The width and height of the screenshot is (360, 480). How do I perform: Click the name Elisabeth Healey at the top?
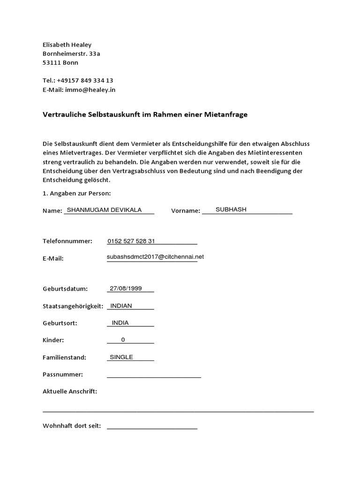coord(67,45)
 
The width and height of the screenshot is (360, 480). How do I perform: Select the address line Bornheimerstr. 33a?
coord(71,53)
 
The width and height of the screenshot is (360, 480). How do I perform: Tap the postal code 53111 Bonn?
coord(60,62)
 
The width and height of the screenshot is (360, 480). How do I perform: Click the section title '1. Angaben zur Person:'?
coord(76,193)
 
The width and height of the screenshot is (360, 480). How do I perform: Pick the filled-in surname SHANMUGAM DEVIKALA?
coord(104,210)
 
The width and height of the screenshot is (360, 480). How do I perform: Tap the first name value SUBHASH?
coord(231,210)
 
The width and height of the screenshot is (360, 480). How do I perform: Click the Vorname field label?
coord(186,211)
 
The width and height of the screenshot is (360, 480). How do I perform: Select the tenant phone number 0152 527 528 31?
coord(131,241)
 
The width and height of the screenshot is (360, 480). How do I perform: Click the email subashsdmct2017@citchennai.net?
coord(155,257)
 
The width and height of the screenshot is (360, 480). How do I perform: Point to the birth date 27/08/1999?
coord(125,288)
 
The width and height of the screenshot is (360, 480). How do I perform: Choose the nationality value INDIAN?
coord(121,306)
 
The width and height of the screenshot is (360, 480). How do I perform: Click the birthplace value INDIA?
coord(120,322)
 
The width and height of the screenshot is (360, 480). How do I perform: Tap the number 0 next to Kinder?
coord(123,340)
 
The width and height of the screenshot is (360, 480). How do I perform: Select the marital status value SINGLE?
coord(121,357)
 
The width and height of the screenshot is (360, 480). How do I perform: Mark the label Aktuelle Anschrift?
coord(70,391)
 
